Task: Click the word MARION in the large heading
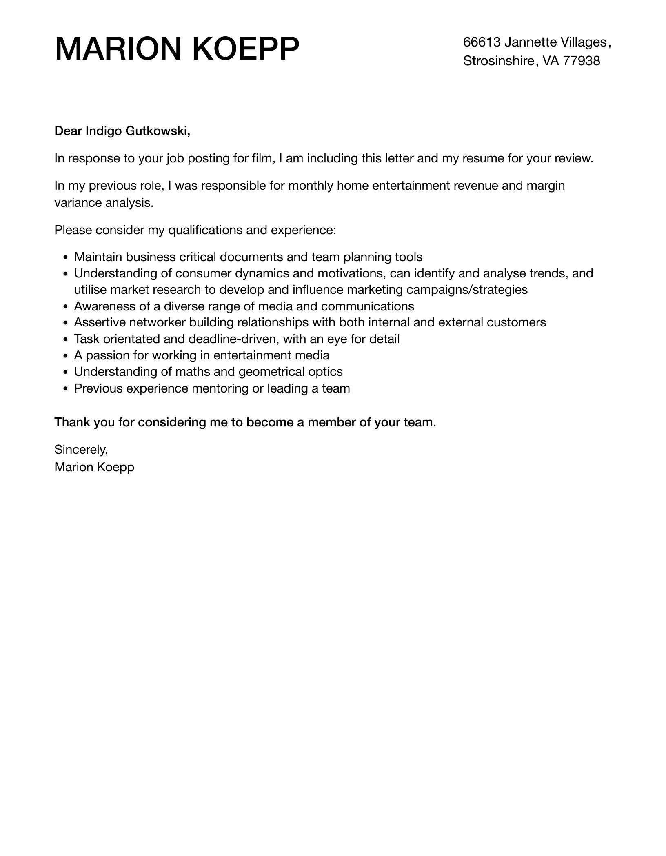tap(118, 49)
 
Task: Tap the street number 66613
tap(482, 42)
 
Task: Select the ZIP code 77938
tap(582, 61)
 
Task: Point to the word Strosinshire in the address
tap(498, 61)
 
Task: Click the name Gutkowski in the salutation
tap(158, 131)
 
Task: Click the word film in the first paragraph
tap(262, 158)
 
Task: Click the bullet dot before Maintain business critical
tap(66, 257)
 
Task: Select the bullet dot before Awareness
tap(66, 307)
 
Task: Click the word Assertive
tap(100, 322)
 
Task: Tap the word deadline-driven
tap(232, 339)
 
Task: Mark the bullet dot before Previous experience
tap(66, 389)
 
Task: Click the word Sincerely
tap(81, 450)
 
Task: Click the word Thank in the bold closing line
tap(72, 422)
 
